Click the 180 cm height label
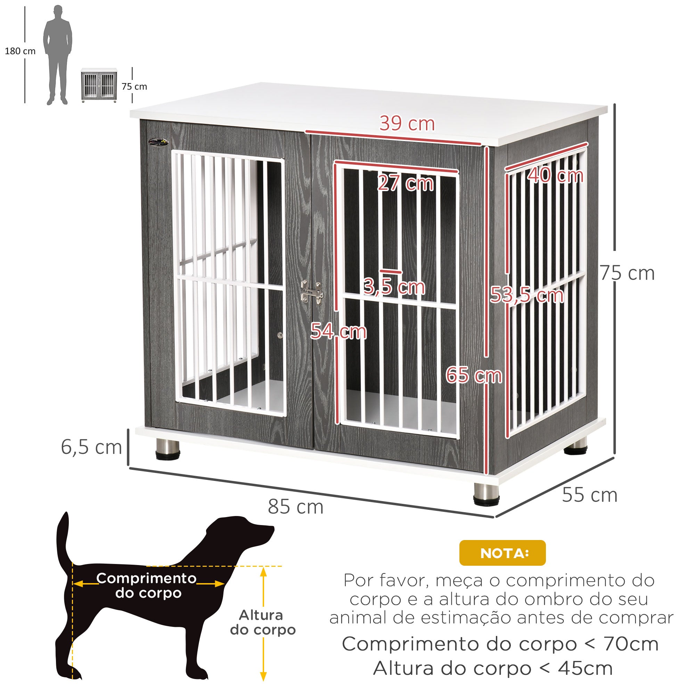[x=20, y=51]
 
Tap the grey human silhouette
[x=58, y=55]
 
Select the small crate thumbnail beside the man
[x=99, y=85]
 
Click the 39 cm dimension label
[x=407, y=124]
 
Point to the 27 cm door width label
[x=406, y=183]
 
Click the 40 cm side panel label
[x=555, y=175]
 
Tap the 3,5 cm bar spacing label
[x=394, y=287]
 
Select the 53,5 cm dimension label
[x=527, y=295]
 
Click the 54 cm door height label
[x=338, y=331]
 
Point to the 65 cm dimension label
[x=474, y=376]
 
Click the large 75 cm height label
[x=627, y=273]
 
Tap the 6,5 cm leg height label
[x=91, y=448]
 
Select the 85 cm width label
[x=296, y=507]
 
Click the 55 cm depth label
[x=590, y=495]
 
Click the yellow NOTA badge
[x=502, y=553]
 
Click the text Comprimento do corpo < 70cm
[x=500, y=644]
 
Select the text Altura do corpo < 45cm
[x=493, y=668]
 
